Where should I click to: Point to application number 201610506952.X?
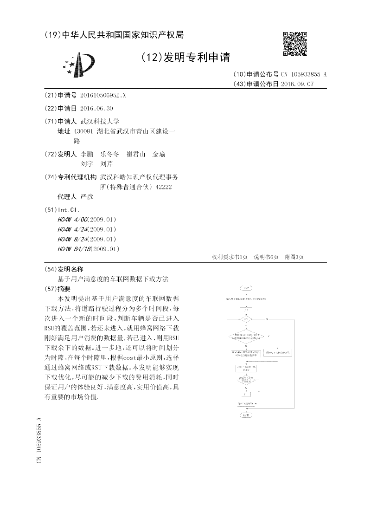coord(103,95)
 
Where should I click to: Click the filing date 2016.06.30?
coord(96,108)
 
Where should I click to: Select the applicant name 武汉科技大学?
coord(100,121)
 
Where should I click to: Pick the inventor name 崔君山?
coord(136,154)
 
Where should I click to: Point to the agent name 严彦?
coord(87,197)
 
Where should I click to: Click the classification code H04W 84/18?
coord(76,249)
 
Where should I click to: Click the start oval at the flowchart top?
coord(246,288)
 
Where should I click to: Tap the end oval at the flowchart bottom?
coord(246,415)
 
